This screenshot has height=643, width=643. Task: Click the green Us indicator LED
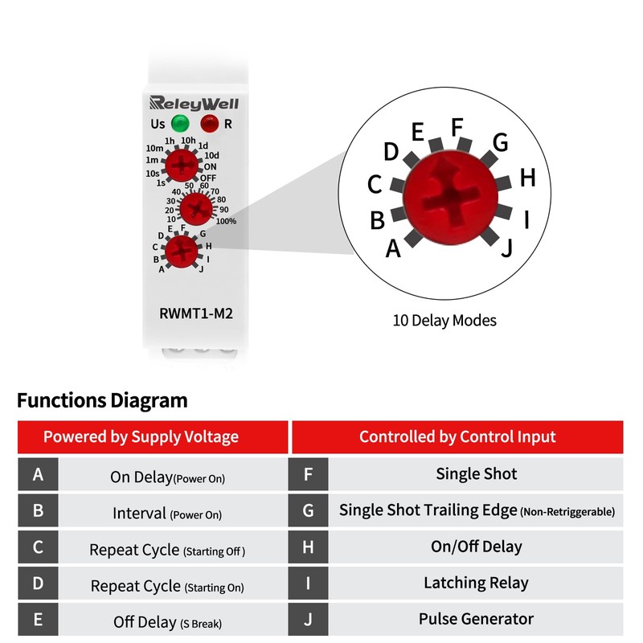[x=179, y=124]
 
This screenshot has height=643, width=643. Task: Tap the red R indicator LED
[x=209, y=124]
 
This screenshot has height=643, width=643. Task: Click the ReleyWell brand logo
[x=194, y=103]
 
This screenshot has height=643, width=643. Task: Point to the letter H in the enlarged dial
[x=527, y=178]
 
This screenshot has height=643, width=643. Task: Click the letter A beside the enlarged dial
[x=393, y=249]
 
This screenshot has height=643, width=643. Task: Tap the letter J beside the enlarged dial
[x=506, y=249]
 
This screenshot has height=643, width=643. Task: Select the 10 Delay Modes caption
[x=444, y=321]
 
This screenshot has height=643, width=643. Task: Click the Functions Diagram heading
[x=102, y=399]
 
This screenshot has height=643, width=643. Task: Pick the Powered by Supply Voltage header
[x=141, y=437]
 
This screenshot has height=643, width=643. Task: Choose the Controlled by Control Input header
[x=457, y=437]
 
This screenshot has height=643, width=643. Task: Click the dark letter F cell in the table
[x=308, y=474]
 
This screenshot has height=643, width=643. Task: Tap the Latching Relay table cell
[x=476, y=583]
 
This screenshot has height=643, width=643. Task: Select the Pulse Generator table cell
[x=476, y=619]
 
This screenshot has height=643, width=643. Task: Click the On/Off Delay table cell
[x=476, y=547]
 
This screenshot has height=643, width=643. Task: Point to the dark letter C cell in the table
[x=38, y=547]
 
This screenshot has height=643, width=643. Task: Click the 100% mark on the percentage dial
[x=226, y=220]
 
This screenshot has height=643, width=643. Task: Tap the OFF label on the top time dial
[x=208, y=178]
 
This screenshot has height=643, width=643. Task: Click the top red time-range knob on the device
[x=183, y=166]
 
